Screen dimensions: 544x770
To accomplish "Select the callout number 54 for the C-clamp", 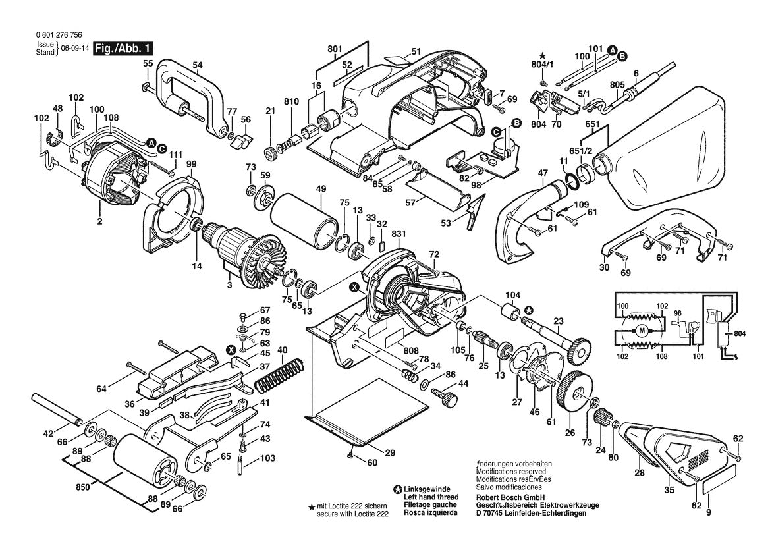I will pos(197,65).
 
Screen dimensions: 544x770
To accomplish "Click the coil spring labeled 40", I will pos(276,376).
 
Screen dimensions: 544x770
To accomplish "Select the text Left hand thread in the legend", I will pos(427,497).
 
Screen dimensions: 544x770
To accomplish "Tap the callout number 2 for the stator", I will pos(100,222).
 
